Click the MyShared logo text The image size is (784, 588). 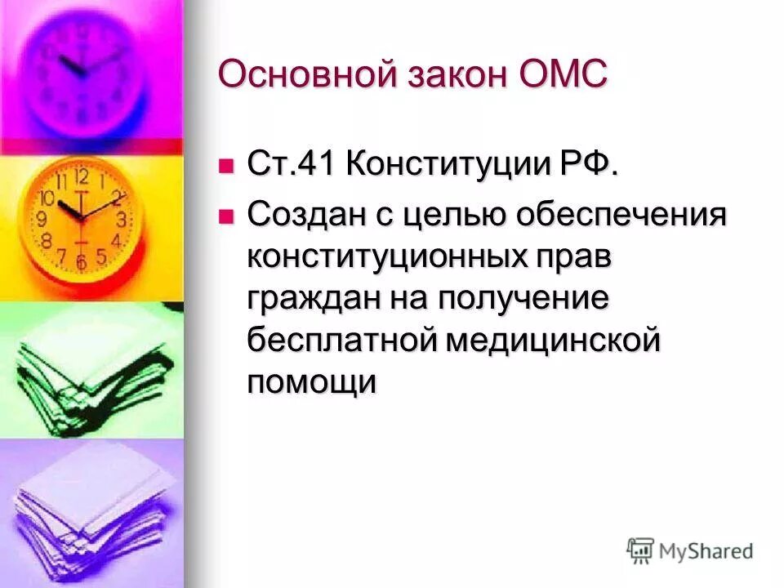pos(707,551)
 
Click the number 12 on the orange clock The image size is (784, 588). pos(81,175)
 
